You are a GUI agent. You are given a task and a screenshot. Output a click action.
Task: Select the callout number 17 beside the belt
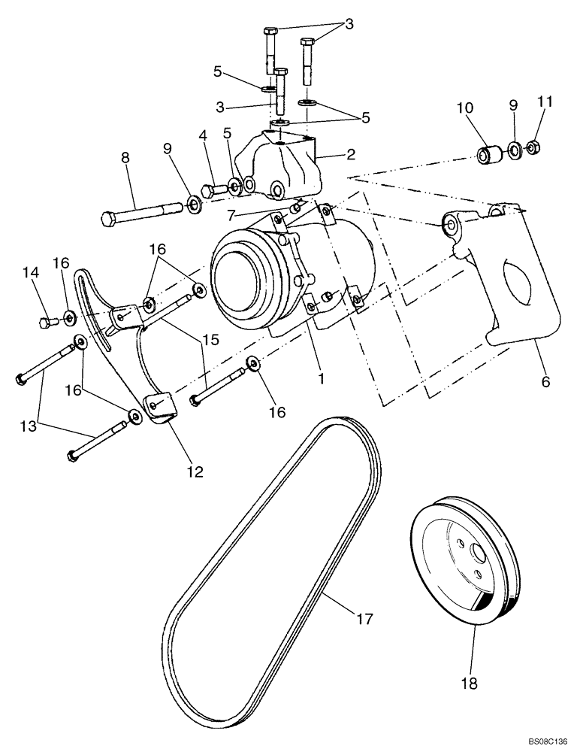click(x=364, y=620)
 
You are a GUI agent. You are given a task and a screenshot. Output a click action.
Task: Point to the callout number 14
click(x=30, y=274)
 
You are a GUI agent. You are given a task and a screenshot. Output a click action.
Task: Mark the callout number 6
click(x=545, y=381)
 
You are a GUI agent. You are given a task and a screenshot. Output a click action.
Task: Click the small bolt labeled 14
click(x=47, y=324)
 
